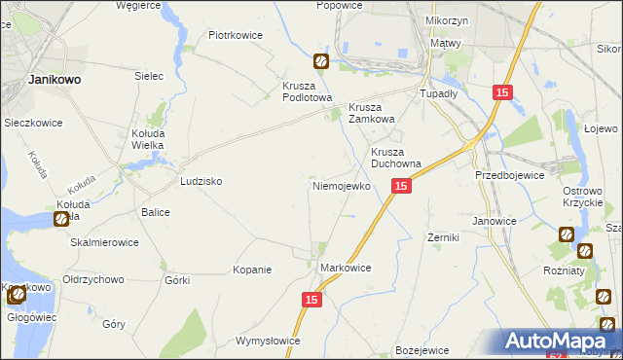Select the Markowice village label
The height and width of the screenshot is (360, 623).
pos(346,267)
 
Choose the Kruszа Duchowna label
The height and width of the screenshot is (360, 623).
pos(395,159)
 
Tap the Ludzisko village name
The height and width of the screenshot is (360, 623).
pos(202,182)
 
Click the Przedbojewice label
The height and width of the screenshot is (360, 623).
pos(507,175)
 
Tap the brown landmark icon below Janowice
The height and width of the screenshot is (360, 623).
pos(567,234)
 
